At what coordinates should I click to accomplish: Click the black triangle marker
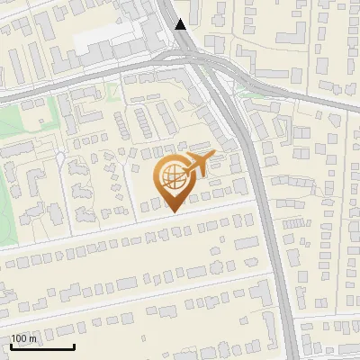tap(182, 24)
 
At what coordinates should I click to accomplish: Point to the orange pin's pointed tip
tap(172, 211)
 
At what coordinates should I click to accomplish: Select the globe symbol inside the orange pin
tap(172, 180)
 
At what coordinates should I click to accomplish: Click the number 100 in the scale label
tap(20, 338)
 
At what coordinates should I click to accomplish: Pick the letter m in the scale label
tap(34, 338)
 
